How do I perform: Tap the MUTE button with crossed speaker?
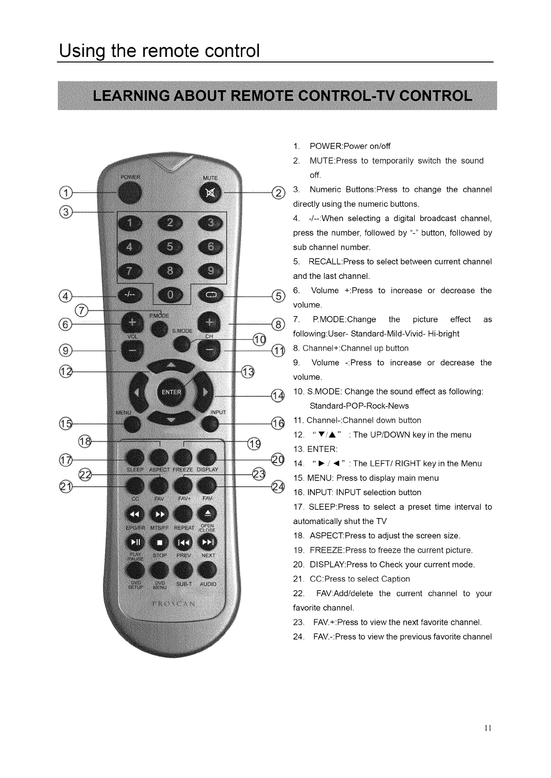click(210, 193)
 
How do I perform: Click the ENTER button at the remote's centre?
click(171, 392)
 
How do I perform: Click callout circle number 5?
click(278, 296)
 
